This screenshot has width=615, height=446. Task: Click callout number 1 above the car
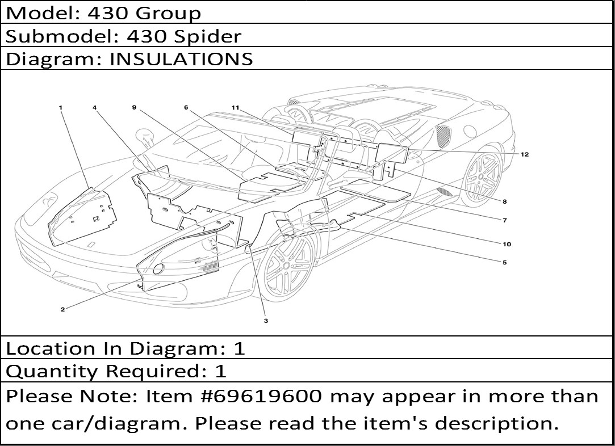(x=61, y=107)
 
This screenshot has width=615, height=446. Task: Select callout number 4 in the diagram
(x=94, y=107)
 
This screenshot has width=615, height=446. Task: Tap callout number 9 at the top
(x=134, y=107)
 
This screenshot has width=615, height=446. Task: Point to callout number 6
(x=186, y=107)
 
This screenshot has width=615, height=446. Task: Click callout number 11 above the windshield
(x=235, y=107)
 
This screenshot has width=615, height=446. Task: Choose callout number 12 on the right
(x=525, y=154)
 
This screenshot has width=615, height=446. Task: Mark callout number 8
(x=504, y=201)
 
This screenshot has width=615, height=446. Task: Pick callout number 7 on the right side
(x=505, y=220)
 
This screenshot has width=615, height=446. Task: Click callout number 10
(x=507, y=244)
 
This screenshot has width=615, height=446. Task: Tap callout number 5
(x=505, y=263)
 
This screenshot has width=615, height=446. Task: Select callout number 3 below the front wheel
(x=266, y=321)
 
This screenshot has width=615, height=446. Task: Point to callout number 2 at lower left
(x=63, y=310)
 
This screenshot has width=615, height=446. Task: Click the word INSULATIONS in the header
(x=181, y=59)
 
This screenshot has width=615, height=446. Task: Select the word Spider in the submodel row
(x=208, y=37)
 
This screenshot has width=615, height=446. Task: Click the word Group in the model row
(x=169, y=14)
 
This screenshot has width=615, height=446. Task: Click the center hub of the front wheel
(x=286, y=266)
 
